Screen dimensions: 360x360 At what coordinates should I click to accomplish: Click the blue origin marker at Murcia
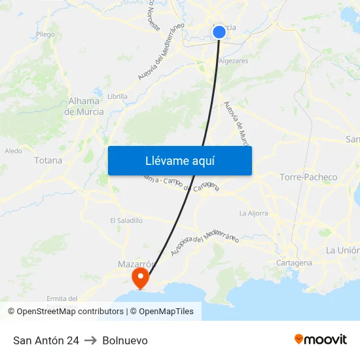click(219, 31)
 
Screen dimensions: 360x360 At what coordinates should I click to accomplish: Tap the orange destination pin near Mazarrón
click(140, 278)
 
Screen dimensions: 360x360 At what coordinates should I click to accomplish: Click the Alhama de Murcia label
click(84, 106)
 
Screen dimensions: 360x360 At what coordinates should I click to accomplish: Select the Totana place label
click(48, 160)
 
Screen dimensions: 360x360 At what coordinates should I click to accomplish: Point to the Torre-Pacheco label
click(308, 177)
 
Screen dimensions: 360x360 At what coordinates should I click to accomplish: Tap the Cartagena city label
click(295, 262)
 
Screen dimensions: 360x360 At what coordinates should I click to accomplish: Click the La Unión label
click(342, 250)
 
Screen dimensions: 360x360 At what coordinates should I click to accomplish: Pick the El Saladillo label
click(126, 221)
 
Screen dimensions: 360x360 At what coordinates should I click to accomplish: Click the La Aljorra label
click(253, 213)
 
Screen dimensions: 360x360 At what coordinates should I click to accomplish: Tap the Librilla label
click(117, 96)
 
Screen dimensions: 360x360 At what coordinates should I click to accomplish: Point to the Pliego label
click(46, 35)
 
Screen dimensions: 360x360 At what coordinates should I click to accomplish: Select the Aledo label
click(13, 151)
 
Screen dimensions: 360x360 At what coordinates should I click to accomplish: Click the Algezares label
click(233, 61)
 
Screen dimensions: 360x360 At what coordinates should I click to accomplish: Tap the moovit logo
click(321, 340)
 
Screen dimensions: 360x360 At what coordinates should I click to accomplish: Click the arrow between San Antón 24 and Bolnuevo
click(90, 340)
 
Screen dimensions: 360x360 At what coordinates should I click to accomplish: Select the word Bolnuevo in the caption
click(125, 340)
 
